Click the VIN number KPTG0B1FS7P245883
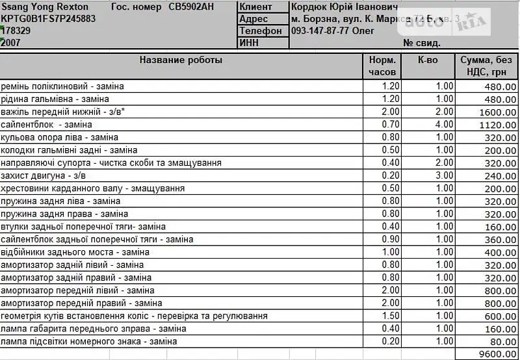pyautogui.click(x=49, y=19)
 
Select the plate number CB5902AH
pyautogui.click(x=190, y=6)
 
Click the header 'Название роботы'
pyautogui.click(x=181, y=60)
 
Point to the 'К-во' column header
pyautogui.click(x=428, y=60)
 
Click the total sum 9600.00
pyautogui.click(x=497, y=354)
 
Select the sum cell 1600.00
pyautogui.click(x=497, y=112)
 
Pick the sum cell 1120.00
pyautogui.click(x=497, y=124)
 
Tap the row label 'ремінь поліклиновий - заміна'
pyautogui.click(x=62, y=86)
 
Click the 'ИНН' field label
pyautogui.click(x=250, y=43)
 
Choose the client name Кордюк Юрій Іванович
pyautogui.click(x=344, y=6)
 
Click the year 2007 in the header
pyautogui.click(x=11, y=43)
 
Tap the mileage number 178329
pyautogui.click(x=16, y=31)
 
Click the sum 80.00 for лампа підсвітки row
pyautogui.click(x=502, y=341)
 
